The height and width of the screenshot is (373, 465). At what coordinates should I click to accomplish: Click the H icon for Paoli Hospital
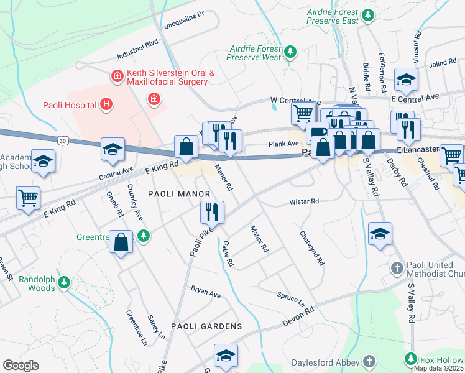[106, 104]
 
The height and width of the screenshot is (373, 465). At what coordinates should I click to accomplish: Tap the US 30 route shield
[63, 141]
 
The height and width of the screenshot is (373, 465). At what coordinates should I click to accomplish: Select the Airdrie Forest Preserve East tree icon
[368, 15]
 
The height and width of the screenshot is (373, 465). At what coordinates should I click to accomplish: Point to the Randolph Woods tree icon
[63, 283]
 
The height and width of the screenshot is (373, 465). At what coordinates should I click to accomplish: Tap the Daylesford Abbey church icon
[369, 361]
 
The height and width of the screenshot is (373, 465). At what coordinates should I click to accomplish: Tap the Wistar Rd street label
[304, 201]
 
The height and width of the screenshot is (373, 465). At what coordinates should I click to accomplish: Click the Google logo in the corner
[21, 366]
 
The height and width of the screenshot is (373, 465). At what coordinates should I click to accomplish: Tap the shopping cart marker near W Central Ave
[303, 113]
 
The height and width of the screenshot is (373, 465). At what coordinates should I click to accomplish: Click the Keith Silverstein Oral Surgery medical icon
[116, 76]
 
